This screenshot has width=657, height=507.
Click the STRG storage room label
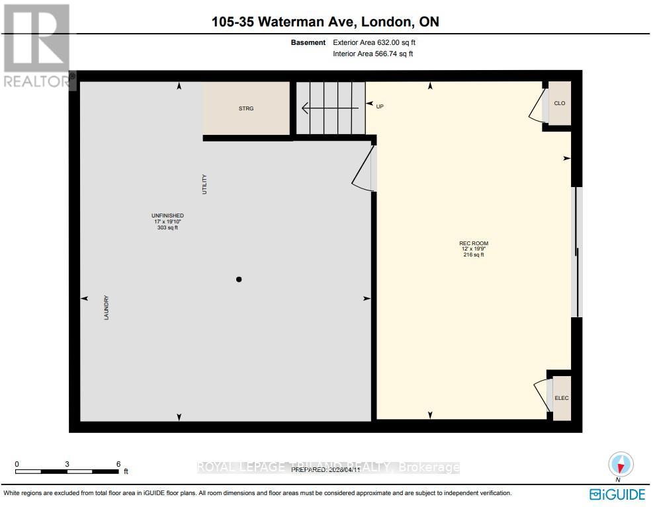246,108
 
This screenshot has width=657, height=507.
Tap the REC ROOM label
474,243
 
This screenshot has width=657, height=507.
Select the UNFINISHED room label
167,215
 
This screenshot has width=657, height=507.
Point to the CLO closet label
560,104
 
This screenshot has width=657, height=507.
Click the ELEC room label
561,398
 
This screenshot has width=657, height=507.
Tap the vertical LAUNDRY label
106,308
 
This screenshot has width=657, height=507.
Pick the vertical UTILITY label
205,184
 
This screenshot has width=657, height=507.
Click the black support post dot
240,280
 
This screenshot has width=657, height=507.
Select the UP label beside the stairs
380,106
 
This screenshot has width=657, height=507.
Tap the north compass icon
621,464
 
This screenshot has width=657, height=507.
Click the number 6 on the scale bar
118,464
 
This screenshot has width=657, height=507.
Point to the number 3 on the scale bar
67,464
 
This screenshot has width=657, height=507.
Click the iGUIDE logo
616,493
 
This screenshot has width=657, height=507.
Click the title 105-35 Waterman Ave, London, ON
325,22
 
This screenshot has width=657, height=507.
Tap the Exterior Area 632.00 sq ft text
374,42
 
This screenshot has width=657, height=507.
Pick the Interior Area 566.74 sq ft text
373,54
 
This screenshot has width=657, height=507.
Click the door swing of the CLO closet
537,108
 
